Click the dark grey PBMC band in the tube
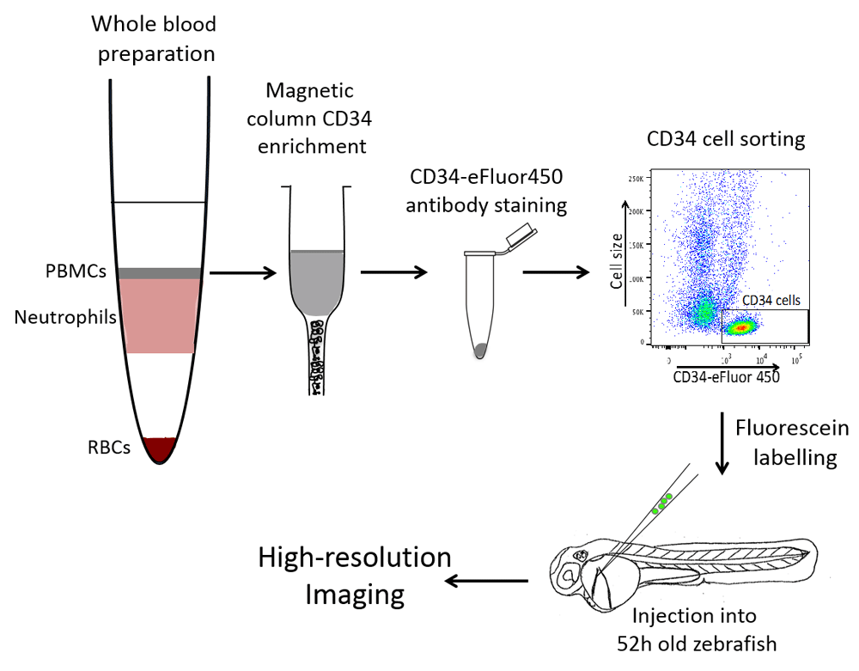(x=160, y=273)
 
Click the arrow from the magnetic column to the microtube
(x=393, y=273)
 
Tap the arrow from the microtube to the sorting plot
(x=556, y=273)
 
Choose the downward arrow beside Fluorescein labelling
(x=722, y=442)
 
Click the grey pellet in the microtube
(x=481, y=350)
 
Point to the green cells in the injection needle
(x=662, y=503)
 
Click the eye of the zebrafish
(x=570, y=574)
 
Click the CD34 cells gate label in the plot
(x=771, y=301)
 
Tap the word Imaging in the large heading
(x=356, y=594)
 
